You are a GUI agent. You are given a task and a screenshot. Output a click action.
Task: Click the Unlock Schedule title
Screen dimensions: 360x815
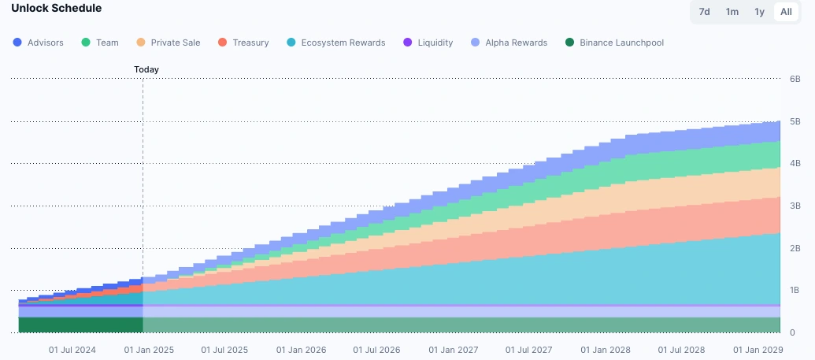pos(56,9)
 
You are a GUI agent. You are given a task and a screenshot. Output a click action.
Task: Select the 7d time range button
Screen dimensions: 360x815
pos(705,12)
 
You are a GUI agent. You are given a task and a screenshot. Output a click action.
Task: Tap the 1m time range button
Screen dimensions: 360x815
pos(732,12)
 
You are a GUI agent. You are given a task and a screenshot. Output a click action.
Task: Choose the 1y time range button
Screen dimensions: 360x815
pos(759,12)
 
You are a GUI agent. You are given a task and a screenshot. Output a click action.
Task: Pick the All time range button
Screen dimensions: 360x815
pos(786,12)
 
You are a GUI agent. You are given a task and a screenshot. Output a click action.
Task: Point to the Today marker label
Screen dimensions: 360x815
pos(146,69)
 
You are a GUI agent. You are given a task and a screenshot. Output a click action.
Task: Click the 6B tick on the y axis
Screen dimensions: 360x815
pos(795,80)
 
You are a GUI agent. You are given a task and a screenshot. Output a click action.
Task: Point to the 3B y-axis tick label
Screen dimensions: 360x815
pos(795,206)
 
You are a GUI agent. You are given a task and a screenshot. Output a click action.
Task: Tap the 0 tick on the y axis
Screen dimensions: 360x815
pos(792,332)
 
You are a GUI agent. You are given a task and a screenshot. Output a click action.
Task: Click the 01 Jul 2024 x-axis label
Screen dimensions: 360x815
pos(72,349)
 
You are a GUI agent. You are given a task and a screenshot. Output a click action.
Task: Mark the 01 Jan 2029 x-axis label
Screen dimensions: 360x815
pos(758,349)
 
